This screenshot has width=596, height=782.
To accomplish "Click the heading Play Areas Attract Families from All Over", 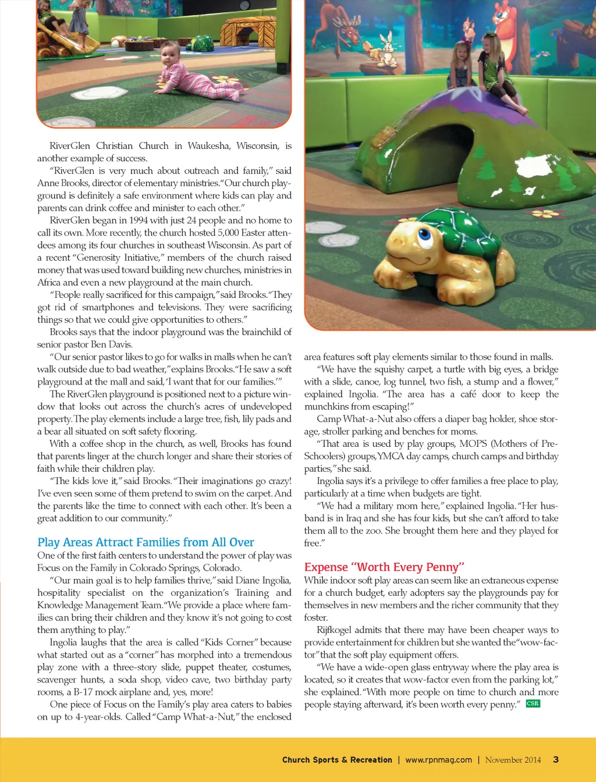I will pyautogui.click(x=146, y=542).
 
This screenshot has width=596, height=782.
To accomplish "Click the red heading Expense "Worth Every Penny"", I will pyautogui.click(x=384, y=567).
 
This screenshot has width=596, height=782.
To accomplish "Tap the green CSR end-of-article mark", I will pyautogui.click(x=533, y=703).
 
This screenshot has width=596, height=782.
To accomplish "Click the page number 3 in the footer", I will pyautogui.click(x=556, y=759).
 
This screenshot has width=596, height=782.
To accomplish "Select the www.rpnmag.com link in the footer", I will pyautogui.click(x=438, y=760).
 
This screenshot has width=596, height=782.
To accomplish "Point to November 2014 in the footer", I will pyautogui.click(x=513, y=760).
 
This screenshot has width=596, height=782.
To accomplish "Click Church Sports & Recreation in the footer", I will pyautogui.click(x=337, y=760).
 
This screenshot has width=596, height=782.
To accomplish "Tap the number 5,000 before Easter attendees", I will pyautogui.click(x=222, y=233).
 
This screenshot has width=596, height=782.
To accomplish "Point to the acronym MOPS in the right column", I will pyautogui.click(x=473, y=444).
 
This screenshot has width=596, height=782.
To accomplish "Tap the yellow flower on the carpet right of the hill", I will pyautogui.click(x=545, y=214).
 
